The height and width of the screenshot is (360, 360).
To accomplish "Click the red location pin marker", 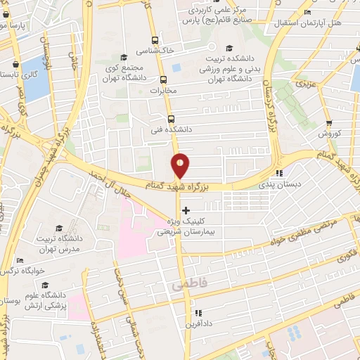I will (x=181, y=166).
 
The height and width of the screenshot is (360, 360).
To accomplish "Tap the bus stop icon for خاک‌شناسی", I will (x=155, y=41).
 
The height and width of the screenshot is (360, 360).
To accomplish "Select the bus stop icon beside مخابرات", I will (x=163, y=79).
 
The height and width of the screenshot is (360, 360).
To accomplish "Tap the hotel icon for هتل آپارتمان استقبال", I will (x=307, y=13).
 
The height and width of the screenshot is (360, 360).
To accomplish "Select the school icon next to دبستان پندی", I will (x=279, y=173).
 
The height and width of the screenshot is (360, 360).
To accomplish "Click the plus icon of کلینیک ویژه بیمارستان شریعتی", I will (x=186, y=210).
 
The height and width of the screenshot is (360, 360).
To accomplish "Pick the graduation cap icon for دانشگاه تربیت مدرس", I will (x=59, y=228).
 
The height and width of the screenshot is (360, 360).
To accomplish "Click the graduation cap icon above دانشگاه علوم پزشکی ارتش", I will (x=46, y=285).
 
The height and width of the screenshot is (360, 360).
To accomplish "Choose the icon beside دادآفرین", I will (x=198, y=312).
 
